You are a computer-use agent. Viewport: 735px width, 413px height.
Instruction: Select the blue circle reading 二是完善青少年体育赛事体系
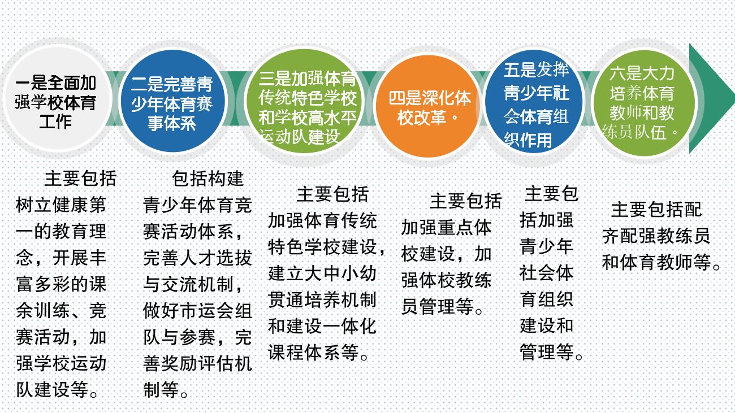tap(173, 101)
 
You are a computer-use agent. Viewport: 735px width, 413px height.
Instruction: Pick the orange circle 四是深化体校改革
tap(428, 106)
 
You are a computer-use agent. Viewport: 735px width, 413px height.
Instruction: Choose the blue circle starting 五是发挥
tap(534, 101)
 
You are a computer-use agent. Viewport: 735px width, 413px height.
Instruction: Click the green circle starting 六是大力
tap(643, 103)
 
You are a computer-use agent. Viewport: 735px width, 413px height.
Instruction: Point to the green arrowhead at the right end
tap(712, 98)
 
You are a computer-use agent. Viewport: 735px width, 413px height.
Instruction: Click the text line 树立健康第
tap(61, 205)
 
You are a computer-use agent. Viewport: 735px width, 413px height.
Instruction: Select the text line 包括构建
tap(207, 179)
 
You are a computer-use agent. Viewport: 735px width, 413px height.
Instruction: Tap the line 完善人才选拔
tap(197, 258)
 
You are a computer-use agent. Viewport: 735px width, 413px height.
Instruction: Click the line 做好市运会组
tap(197, 311)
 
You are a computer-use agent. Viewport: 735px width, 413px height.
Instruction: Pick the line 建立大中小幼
tap(322, 273)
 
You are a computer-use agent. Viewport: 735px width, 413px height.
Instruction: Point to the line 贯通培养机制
tap(322, 299)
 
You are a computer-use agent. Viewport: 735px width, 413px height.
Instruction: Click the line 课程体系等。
tap(318, 353)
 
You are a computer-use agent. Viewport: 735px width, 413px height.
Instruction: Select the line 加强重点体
tap(446, 227)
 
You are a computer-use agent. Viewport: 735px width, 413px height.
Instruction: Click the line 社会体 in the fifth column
tap(546, 273)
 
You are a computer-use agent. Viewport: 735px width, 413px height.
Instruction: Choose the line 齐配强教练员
tap(656, 236)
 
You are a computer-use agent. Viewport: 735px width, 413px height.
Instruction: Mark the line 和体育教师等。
tap(661, 262)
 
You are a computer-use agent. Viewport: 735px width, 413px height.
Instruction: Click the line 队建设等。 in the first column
tap(57, 389)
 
